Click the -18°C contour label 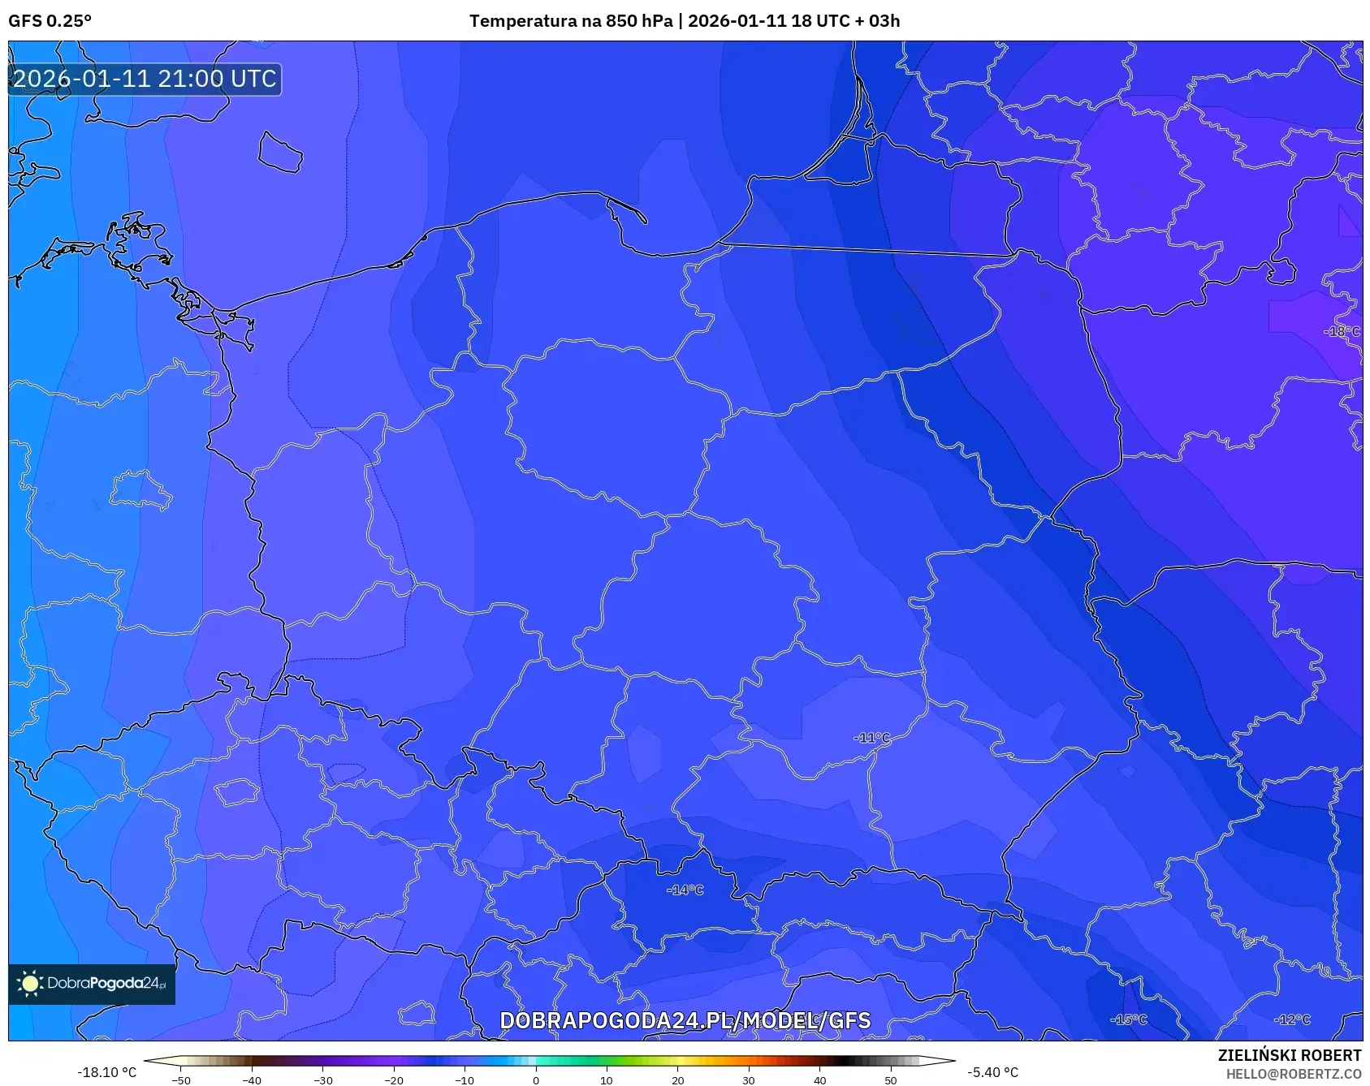(1341, 331)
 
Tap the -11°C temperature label (872, 738)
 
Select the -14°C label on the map (685, 890)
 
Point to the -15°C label (1128, 1019)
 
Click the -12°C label (1292, 1019)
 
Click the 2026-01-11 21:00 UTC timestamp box (145, 79)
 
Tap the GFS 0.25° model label (50, 21)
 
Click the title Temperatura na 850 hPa (571, 21)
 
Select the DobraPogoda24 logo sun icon (30, 984)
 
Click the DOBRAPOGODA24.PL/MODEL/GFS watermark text (685, 1021)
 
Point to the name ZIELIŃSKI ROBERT (1289, 1055)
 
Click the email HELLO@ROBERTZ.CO (1293, 1074)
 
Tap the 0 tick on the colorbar (535, 1080)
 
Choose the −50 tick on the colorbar (181, 1080)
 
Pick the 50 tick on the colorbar (890, 1080)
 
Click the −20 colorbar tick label (393, 1080)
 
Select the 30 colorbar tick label (748, 1080)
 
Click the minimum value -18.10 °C (106, 1072)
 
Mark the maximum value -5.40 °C (992, 1072)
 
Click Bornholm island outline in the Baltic (280, 153)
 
